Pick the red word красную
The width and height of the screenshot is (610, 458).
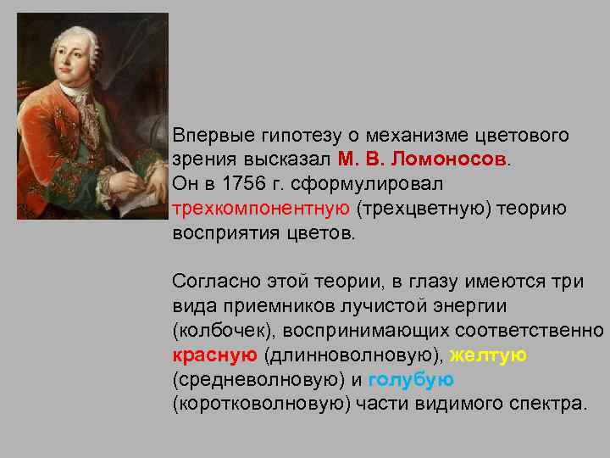click(215, 355)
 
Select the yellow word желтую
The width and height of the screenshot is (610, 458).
click(488, 355)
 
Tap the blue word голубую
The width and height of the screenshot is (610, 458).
click(412, 379)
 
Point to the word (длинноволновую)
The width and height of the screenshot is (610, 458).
click(353, 355)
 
